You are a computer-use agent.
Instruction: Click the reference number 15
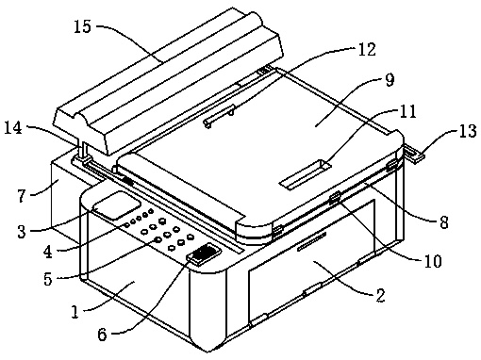(x=82, y=26)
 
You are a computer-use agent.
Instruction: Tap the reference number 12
(x=367, y=50)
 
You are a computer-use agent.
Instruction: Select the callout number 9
(x=390, y=80)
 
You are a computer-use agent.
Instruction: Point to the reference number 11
(x=407, y=111)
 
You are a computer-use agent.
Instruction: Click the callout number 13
(x=468, y=131)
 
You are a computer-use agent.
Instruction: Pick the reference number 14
(x=13, y=128)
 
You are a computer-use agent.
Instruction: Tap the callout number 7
(x=21, y=196)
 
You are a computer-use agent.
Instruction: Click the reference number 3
(x=22, y=232)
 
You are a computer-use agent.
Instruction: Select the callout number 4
(x=48, y=252)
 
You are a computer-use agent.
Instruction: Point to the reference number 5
(x=48, y=279)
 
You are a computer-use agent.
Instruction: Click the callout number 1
(x=75, y=312)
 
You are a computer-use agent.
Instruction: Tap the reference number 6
(x=102, y=335)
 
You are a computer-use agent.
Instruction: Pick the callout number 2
(x=380, y=295)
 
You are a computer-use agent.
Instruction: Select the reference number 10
(x=433, y=261)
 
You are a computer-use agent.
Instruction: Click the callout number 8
(x=443, y=222)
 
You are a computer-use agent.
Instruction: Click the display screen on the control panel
(x=117, y=205)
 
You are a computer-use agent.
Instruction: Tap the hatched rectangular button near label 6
(x=204, y=254)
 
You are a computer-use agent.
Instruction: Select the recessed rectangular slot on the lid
(x=305, y=174)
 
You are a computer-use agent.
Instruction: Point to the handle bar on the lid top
(x=220, y=116)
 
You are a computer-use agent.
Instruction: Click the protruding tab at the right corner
(x=414, y=154)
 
